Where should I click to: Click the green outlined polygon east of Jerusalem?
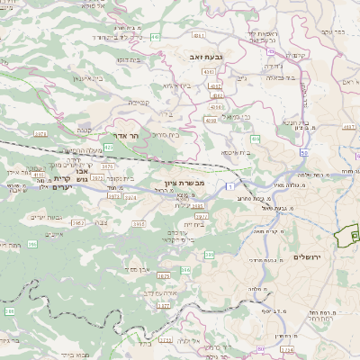(346, 237)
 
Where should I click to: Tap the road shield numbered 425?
(109, 146)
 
